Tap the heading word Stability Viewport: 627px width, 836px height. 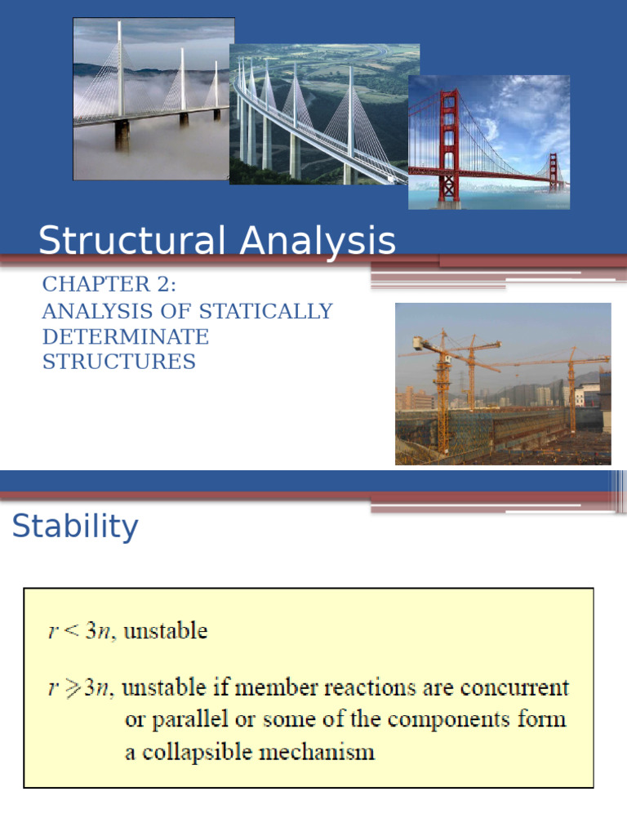pyautogui.click(x=75, y=527)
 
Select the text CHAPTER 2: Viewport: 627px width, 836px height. pyautogui.click(x=109, y=284)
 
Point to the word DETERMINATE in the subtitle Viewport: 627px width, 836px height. pyautogui.click(x=126, y=336)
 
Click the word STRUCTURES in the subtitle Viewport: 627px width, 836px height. pyautogui.click(x=119, y=362)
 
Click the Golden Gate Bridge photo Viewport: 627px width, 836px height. pyautogui.click(x=489, y=142)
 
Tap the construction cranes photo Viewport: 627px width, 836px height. pyautogui.click(x=503, y=384)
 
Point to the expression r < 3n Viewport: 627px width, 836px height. pyautogui.click(x=82, y=631)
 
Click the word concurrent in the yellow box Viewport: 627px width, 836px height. pyautogui.click(x=518, y=688)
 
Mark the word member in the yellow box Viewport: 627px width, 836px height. pyautogui.click(x=287, y=688)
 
